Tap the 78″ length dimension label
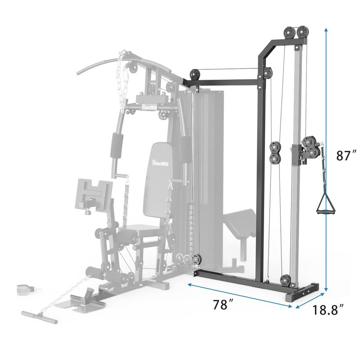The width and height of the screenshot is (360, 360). [222, 305]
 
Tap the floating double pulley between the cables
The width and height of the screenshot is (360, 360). [274, 153]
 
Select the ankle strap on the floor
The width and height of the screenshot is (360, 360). [23, 289]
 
